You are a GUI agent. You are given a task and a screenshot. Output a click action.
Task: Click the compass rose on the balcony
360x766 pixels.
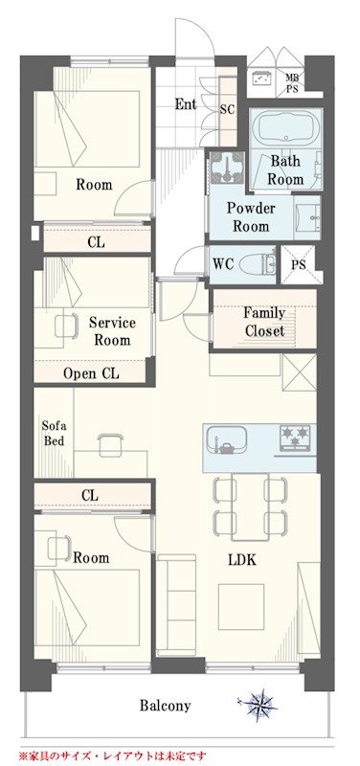coord(258,704)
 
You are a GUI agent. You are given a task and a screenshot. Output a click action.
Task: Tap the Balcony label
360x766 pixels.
coord(165,706)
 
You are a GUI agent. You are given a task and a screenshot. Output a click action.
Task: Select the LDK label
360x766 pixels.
coord(243,560)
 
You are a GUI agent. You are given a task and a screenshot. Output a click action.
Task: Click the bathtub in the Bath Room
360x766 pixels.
coord(285,126)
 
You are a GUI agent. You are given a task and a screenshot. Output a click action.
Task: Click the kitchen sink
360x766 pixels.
coord(227,438)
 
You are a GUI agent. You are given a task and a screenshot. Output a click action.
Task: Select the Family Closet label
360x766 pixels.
coord(264,322)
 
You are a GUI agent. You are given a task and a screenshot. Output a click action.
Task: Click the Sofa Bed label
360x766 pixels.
coord(53,433)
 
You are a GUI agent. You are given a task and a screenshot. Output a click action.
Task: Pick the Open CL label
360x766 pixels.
coord(91,373)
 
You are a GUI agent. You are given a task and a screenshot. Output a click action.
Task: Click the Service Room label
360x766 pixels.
coord(112,331)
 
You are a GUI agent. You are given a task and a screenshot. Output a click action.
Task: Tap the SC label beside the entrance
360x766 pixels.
coord(227,110)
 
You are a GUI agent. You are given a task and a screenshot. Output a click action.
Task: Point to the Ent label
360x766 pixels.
coord(186,104)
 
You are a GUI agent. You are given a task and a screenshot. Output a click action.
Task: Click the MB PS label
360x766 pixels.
coord(292,83)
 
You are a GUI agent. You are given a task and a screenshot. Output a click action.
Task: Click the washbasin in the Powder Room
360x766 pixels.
coord(308,217)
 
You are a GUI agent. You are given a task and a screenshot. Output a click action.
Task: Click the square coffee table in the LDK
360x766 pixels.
coord(241,607)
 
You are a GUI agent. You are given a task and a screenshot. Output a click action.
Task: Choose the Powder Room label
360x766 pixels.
coord(251,217)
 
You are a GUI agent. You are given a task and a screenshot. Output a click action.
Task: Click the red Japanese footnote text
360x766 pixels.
coord(112,755)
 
